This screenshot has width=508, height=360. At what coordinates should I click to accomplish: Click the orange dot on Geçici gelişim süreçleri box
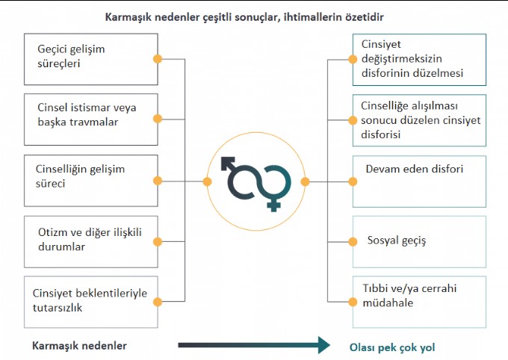click(158, 59)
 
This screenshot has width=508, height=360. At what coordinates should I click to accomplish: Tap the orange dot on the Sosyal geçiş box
click(353, 241)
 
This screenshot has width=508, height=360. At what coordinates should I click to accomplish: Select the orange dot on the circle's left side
click(208, 181)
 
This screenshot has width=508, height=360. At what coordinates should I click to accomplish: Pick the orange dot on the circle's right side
click(305, 181)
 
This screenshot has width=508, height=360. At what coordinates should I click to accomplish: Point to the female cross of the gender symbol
click(273, 205)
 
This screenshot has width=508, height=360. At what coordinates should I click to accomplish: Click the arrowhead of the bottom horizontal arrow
click(323, 345)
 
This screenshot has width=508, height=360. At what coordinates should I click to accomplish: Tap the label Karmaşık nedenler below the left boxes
click(79, 346)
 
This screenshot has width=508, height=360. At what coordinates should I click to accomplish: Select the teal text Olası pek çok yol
click(392, 347)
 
